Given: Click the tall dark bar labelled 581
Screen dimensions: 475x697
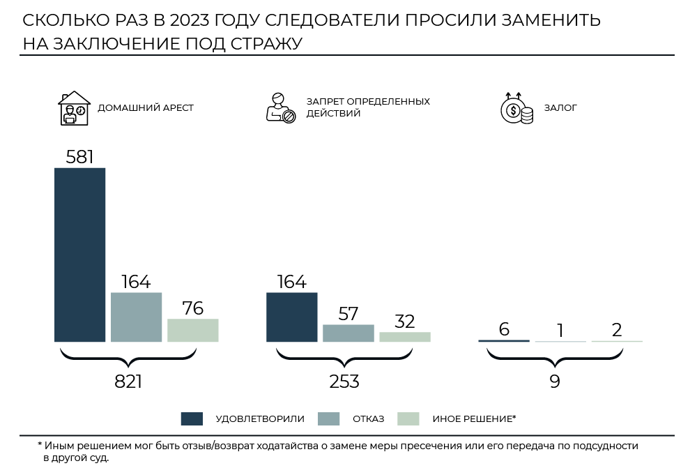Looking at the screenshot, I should (79, 255).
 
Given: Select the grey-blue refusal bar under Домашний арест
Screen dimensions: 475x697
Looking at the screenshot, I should (136, 317).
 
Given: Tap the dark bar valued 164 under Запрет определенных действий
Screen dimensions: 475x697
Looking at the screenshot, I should (291, 317).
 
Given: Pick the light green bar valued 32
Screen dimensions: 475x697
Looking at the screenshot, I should (404, 336).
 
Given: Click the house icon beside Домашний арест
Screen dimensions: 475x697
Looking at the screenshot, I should (74, 108).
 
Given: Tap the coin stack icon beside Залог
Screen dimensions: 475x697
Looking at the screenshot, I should (516, 109).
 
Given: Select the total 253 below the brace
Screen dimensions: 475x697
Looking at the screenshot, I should (344, 382).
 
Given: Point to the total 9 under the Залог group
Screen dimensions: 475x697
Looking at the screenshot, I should (555, 382).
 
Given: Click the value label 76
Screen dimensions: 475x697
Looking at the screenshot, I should (192, 308).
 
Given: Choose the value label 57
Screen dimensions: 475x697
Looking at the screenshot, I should (348, 314).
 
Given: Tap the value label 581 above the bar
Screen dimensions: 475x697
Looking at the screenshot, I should (79, 157).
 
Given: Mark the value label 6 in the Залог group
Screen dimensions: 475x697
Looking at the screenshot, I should (504, 329).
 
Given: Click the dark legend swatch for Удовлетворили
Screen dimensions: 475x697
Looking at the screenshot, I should (192, 419).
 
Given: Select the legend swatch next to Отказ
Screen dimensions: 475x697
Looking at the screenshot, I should (328, 419).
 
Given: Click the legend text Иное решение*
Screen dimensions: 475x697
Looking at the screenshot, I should (474, 419).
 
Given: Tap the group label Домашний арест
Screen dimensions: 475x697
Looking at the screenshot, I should (146, 108).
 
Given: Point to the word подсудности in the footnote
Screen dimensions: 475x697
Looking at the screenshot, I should (607, 445).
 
